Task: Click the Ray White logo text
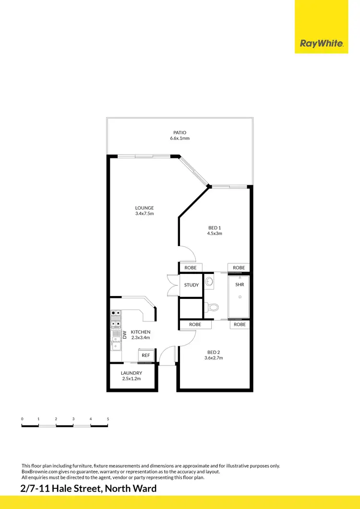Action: tap(322, 44)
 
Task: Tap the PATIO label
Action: tap(180, 132)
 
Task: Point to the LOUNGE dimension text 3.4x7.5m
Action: tap(144, 213)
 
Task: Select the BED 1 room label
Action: tap(215, 227)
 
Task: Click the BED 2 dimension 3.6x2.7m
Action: tap(214, 358)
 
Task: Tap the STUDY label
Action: tap(192, 285)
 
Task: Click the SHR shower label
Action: tap(239, 284)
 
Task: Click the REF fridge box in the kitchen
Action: tap(146, 355)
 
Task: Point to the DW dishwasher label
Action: tap(124, 334)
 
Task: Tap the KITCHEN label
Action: tap(141, 332)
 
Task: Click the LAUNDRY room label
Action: tap(131, 373)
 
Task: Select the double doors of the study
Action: tap(172, 285)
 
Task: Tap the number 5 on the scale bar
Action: tap(108, 419)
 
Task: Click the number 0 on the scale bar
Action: tap(22, 419)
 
